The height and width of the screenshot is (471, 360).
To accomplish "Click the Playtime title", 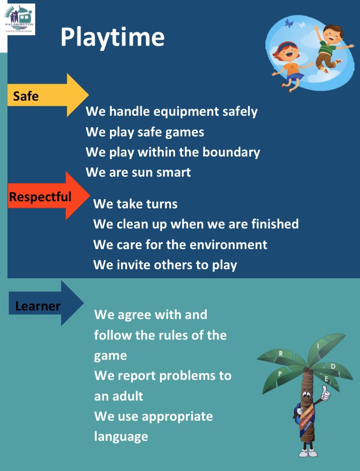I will [x=112, y=37].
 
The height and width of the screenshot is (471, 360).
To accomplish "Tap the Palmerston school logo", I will [x=21, y=19].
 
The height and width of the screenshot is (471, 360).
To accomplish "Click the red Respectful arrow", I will [x=48, y=196].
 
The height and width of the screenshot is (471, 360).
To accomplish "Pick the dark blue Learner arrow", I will [x=45, y=304].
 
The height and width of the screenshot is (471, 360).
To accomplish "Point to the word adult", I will [x=126, y=396].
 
